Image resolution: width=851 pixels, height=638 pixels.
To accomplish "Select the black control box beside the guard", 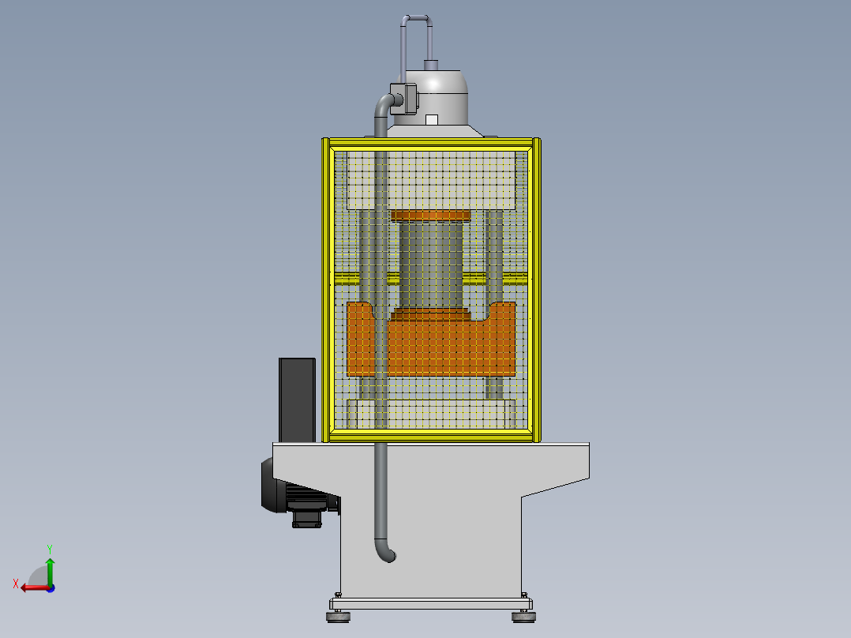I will pos(297,399).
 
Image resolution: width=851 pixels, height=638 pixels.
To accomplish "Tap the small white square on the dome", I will pos(431,119).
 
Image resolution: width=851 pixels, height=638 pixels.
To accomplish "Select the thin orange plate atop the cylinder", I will pos(430,216).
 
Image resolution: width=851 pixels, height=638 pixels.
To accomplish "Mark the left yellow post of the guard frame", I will pos(325,289).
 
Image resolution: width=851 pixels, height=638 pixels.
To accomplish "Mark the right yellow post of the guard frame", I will pos(537,289).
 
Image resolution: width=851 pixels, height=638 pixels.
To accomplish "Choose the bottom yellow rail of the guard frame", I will pos(431,434).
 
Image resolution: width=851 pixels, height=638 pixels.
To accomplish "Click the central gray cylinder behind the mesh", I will pos(431,265).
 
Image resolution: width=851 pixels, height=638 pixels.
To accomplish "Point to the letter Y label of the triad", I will pos(49,548).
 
